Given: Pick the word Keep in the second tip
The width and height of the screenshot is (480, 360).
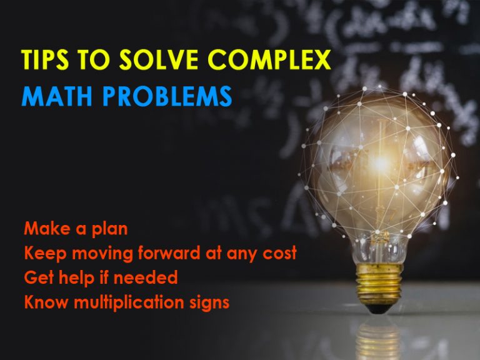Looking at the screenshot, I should pos(42,254).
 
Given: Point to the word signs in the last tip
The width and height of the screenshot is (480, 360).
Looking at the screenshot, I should pos(209,303).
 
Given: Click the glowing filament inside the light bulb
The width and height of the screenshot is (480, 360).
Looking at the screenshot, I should pos(380,164).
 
